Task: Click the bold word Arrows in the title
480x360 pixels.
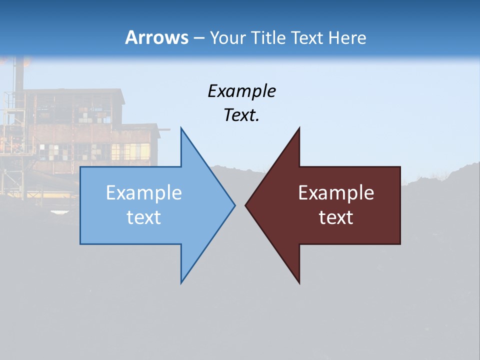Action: (x=157, y=37)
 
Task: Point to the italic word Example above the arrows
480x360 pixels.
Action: (x=241, y=91)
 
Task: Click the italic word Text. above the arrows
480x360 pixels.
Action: (x=241, y=115)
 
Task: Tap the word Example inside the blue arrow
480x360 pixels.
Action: (x=144, y=192)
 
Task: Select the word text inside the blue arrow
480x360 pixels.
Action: (x=144, y=217)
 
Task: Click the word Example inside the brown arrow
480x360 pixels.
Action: (x=336, y=192)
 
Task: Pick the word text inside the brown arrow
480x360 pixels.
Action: (x=336, y=217)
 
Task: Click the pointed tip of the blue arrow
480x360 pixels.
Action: (x=234, y=205)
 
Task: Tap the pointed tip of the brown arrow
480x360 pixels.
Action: (x=246, y=205)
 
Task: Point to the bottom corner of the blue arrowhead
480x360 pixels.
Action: (x=181, y=282)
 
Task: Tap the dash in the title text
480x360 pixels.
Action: (x=199, y=38)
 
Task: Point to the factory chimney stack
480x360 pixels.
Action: (x=19, y=75)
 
